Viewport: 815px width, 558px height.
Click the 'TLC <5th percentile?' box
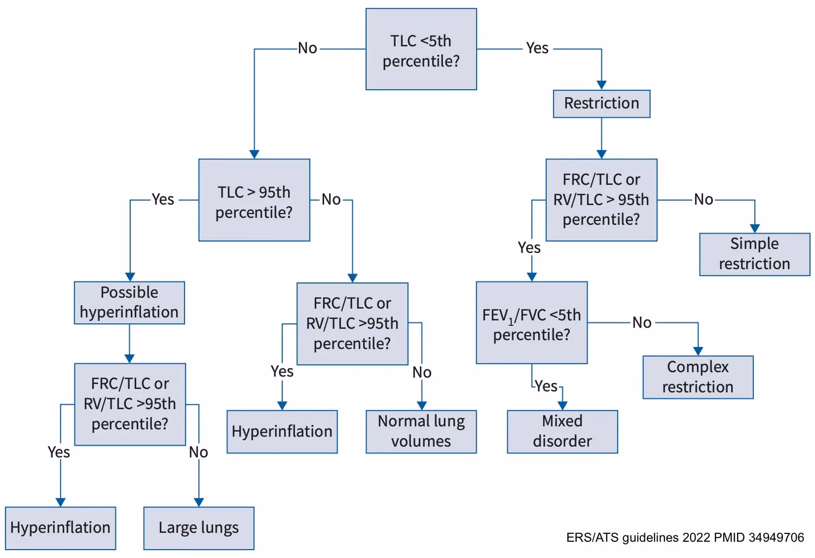(x=421, y=49)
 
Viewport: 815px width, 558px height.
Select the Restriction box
(x=601, y=104)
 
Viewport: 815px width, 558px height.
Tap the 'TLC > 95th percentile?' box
(x=254, y=200)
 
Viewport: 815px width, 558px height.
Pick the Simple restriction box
(x=754, y=254)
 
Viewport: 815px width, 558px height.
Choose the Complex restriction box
(x=698, y=377)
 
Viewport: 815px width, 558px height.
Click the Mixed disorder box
(x=562, y=431)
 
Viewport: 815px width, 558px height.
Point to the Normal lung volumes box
(x=421, y=431)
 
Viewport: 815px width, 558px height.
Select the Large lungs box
(x=198, y=528)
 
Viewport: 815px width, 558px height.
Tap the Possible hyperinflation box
(x=129, y=303)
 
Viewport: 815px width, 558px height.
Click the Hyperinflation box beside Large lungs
(x=60, y=528)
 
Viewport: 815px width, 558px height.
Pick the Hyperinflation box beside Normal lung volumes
(x=282, y=431)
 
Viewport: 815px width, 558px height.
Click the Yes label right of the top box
(x=537, y=48)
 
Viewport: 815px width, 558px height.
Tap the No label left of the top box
(x=307, y=48)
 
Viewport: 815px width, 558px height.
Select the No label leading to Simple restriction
(x=703, y=200)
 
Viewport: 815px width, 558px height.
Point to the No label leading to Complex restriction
(x=642, y=323)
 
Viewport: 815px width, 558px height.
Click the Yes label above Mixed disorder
(x=546, y=386)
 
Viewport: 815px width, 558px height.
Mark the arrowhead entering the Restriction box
(x=601, y=85)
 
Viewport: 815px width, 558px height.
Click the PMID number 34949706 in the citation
(x=776, y=537)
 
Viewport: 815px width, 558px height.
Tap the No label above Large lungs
(x=198, y=452)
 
